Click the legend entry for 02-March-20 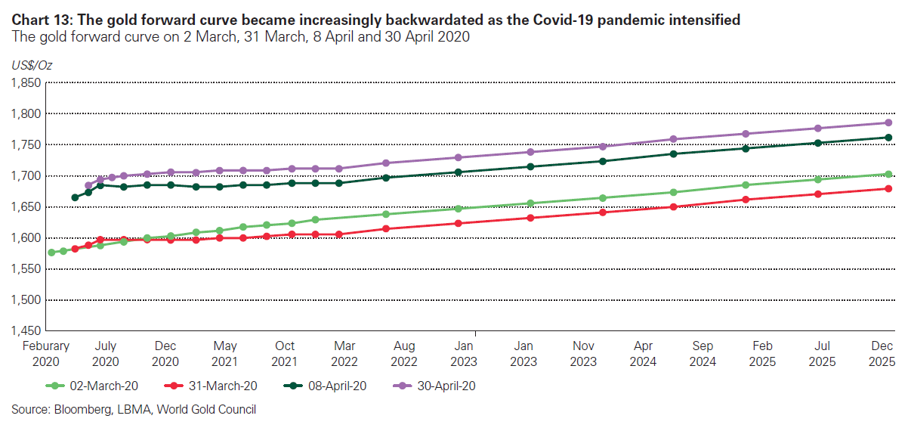click(101, 386)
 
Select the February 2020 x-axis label click(45, 353)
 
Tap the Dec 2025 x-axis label click(882, 353)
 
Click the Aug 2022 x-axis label click(405, 353)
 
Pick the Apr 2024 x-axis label click(643, 353)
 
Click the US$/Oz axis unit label click(32, 65)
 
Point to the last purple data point click(888, 122)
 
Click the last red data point click(888, 188)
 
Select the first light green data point click(51, 253)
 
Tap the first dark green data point click(75, 197)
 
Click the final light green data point click(888, 174)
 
